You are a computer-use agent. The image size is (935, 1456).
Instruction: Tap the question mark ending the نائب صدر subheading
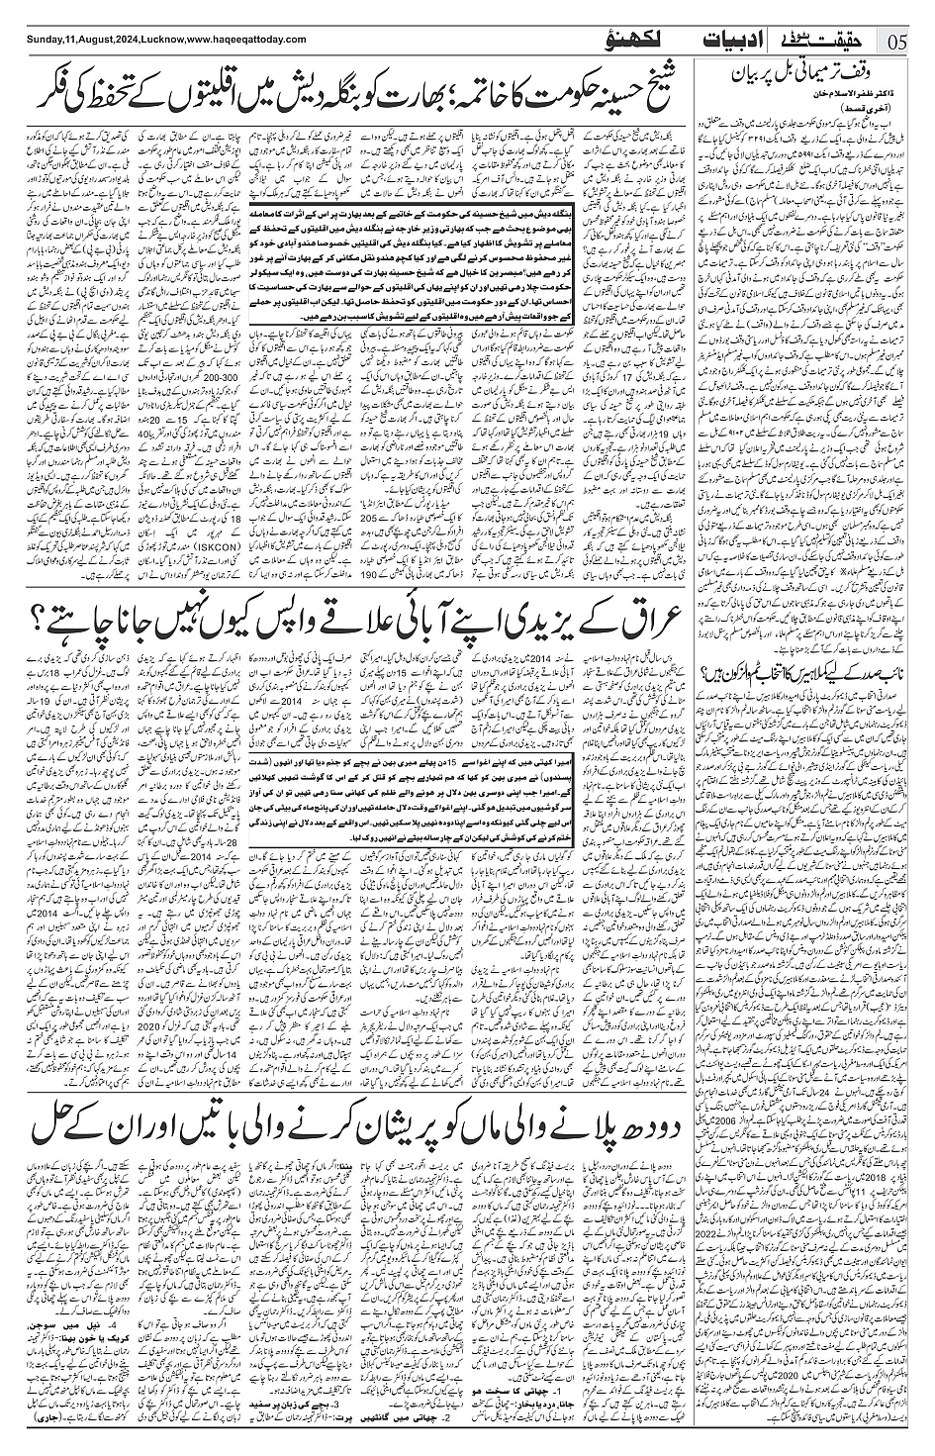point(703,677)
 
